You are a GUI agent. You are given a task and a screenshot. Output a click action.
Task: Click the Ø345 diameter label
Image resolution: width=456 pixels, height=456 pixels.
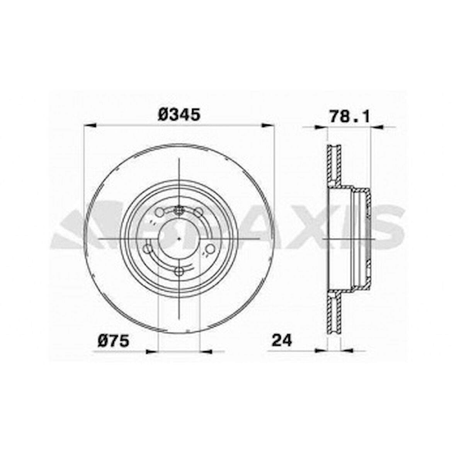click(x=179, y=114)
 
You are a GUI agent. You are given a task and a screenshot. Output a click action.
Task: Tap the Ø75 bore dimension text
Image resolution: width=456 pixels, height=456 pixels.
click(x=113, y=341)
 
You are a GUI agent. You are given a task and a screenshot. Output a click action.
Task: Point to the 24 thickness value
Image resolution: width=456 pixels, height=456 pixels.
click(x=282, y=340)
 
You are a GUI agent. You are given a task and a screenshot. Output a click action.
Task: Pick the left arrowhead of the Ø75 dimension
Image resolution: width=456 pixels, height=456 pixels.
click(x=152, y=351)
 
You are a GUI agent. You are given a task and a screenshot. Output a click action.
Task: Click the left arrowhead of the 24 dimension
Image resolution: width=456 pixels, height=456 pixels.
click(x=321, y=351)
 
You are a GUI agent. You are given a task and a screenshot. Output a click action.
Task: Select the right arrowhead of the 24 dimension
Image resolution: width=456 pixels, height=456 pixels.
click(x=347, y=351)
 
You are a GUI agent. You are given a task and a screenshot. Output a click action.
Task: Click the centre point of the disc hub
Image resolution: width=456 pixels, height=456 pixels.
click(x=179, y=239)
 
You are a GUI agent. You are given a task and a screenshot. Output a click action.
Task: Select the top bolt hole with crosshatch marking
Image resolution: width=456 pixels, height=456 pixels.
click(x=179, y=210)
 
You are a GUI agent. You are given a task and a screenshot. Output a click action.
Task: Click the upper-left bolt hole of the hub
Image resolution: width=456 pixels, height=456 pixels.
click(x=159, y=212)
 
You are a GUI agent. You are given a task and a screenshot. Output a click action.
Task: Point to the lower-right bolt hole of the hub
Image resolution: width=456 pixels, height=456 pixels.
click(x=210, y=249)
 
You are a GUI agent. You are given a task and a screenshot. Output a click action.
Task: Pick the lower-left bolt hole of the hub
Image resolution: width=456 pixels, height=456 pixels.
click(x=148, y=249)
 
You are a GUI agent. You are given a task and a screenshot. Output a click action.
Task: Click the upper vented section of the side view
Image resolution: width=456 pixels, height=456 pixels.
click(x=334, y=164)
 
